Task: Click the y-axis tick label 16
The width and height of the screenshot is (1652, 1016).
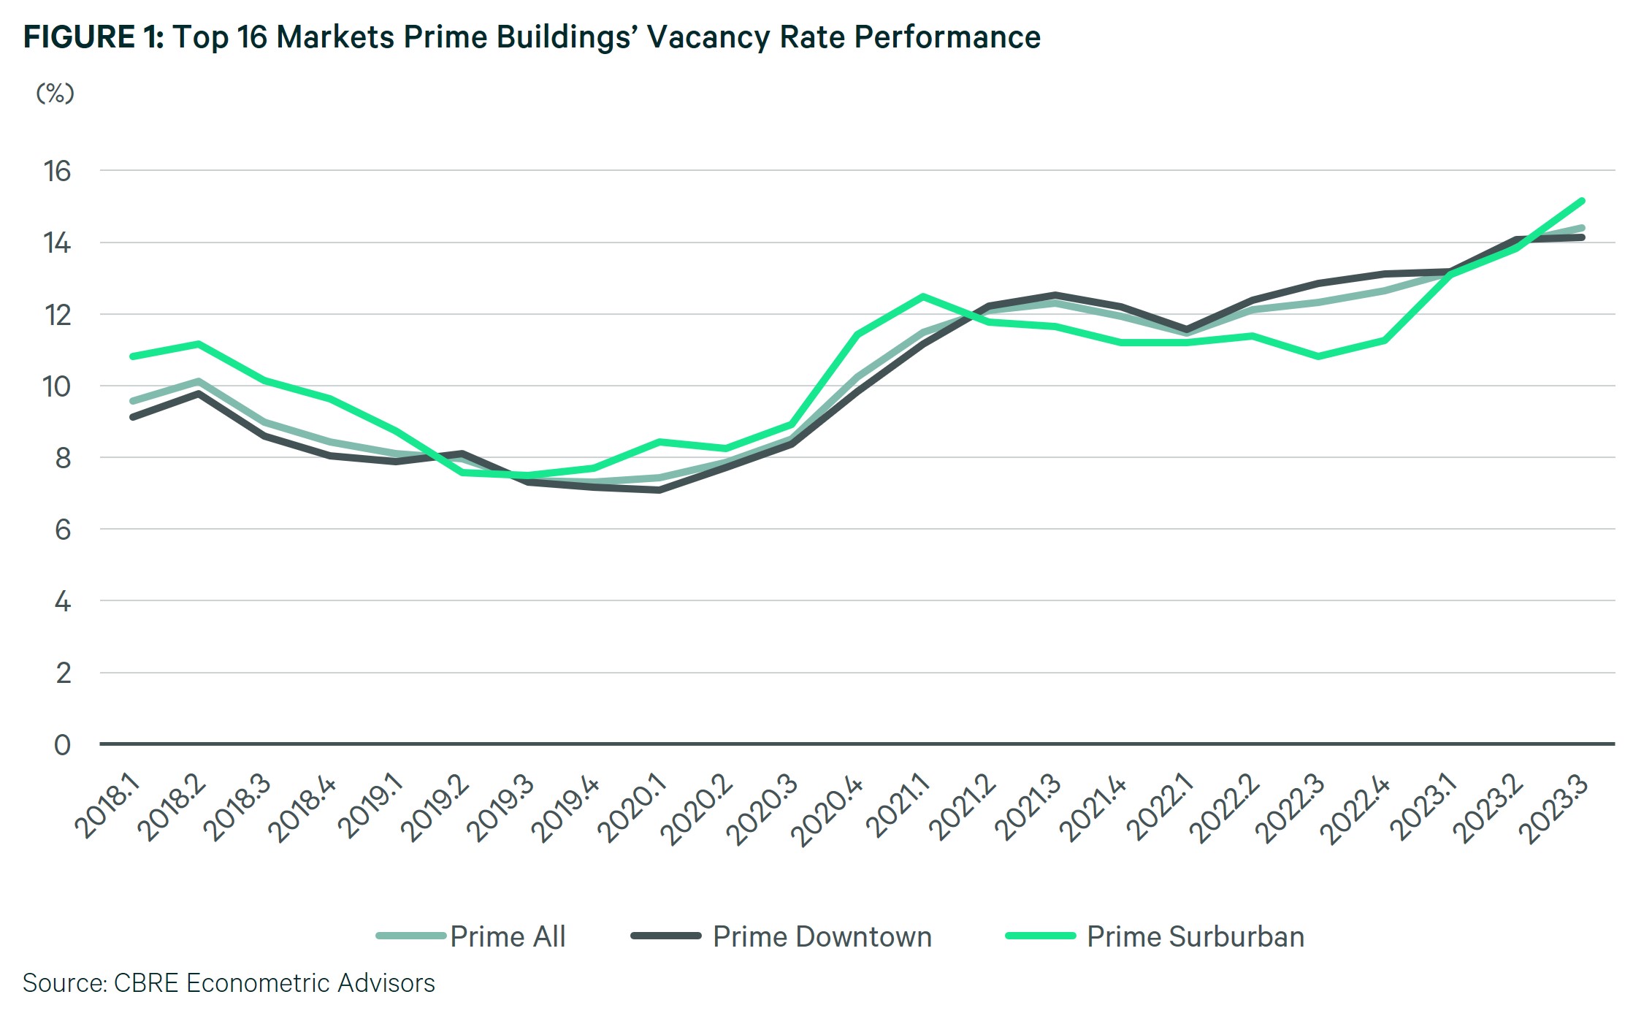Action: tap(57, 172)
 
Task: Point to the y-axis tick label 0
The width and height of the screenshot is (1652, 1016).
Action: tap(63, 745)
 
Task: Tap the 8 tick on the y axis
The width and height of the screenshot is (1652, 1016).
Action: tap(63, 458)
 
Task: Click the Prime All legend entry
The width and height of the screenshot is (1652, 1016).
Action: tap(508, 937)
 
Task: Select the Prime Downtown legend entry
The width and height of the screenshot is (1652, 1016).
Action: tap(822, 937)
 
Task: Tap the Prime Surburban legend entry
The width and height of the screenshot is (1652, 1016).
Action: tap(1195, 937)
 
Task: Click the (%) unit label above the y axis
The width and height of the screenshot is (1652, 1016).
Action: tap(56, 93)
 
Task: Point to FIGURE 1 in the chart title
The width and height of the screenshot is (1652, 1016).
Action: tap(93, 37)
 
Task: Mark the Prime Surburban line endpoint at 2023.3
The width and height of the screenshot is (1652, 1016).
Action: tap(1581, 201)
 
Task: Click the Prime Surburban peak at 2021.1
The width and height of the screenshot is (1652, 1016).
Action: tap(924, 297)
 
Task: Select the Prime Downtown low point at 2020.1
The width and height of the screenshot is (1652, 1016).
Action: tap(659, 489)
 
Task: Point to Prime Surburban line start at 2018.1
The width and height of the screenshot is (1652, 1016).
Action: tap(133, 356)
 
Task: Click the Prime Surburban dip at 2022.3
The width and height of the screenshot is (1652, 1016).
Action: tap(1318, 356)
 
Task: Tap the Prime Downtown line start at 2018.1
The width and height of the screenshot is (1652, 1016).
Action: tap(133, 417)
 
